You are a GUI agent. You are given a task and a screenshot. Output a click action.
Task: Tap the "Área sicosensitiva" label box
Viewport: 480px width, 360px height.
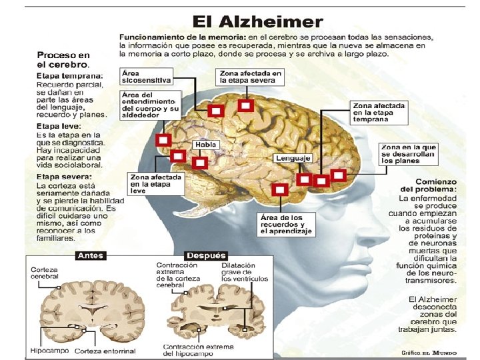[x=146, y=75]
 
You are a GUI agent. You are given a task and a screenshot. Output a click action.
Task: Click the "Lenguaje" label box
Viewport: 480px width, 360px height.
[x=293, y=159]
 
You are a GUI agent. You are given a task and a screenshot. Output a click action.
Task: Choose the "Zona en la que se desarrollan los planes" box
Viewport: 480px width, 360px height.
[x=409, y=154]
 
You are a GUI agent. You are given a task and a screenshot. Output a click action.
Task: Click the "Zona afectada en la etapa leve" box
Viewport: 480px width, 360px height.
[x=155, y=183]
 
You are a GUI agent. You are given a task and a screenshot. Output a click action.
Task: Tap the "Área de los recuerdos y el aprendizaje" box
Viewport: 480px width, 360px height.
[x=286, y=225]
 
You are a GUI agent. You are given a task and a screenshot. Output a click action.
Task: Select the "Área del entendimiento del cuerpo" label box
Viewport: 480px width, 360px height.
[x=151, y=105]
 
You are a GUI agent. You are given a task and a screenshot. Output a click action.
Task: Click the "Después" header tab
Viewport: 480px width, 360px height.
[x=207, y=255]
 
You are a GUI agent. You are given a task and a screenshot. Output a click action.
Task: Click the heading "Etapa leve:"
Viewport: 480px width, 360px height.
[x=59, y=126]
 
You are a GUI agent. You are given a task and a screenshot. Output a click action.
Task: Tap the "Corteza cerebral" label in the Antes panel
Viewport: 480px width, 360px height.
[x=45, y=273]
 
